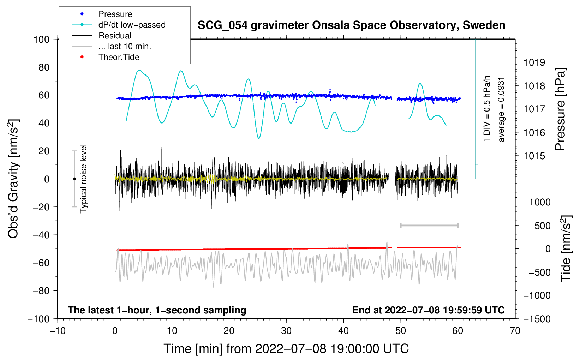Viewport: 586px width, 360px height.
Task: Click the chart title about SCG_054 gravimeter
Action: pyautogui.click(x=351, y=25)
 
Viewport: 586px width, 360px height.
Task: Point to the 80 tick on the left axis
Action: pyautogui.click(x=44, y=67)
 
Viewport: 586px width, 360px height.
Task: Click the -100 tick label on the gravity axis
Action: pyautogui.click(x=38, y=319)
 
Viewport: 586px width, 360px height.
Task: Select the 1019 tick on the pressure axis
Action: pyautogui.click(x=534, y=62)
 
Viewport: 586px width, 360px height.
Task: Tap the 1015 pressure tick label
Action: pyautogui.click(x=534, y=156)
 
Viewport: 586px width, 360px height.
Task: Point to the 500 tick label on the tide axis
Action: pyautogui.click(x=543, y=226)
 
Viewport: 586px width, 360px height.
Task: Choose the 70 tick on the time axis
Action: pyautogui.click(x=515, y=331)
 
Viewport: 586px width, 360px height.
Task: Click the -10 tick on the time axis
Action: pyautogui.click(x=58, y=331)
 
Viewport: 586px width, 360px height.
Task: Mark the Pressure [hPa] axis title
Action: pyautogui.click(x=560, y=109)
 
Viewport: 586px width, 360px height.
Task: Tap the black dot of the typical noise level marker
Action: pyautogui.click(x=74, y=179)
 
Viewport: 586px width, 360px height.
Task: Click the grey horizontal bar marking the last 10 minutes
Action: pyautogui.click(x=429, y=225)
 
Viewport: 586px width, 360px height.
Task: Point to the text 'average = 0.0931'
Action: pyautogui.click(x=501, y=110)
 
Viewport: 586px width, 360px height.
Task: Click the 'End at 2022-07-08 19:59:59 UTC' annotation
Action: pyautogui.click(x=428, y=310)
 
